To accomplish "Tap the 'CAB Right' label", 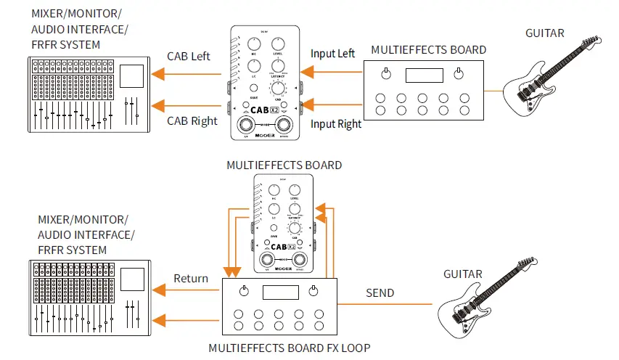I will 192,120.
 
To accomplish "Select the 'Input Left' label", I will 332,53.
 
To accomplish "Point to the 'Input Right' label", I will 335,123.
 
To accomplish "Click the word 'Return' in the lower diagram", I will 191,278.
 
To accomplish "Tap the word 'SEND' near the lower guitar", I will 380,293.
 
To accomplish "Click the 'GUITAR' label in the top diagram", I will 546,33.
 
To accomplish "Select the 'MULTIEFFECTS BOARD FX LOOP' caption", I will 290,348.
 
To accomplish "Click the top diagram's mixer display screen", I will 131,76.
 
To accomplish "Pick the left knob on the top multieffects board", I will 387,73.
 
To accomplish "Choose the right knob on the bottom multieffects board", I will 313,291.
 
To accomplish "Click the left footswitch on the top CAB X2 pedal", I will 248,122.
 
